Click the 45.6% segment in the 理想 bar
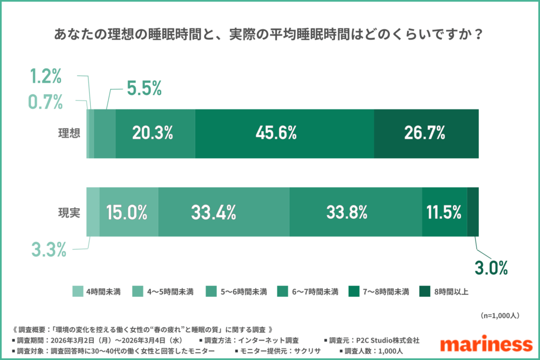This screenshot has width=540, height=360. [284, 134]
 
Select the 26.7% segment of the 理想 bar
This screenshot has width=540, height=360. [426, 134]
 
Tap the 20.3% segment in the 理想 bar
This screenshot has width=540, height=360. [155, 134]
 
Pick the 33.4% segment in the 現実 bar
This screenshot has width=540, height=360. [224, 212]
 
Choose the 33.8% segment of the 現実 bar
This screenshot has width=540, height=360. [355, 212]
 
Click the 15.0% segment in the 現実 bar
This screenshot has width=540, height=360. [129, 212]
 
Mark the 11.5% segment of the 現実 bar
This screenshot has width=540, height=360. [444, 212]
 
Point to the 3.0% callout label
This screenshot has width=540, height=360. [490, 268]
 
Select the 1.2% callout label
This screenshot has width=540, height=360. [46, 77]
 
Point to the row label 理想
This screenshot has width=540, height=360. [69, 134]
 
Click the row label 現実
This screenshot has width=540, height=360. [69, 212]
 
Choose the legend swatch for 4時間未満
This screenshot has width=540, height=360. [77, 291]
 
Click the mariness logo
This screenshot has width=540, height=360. [486, 344]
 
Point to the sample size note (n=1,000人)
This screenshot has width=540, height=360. [500, 315]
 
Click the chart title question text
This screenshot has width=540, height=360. [269, 35]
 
